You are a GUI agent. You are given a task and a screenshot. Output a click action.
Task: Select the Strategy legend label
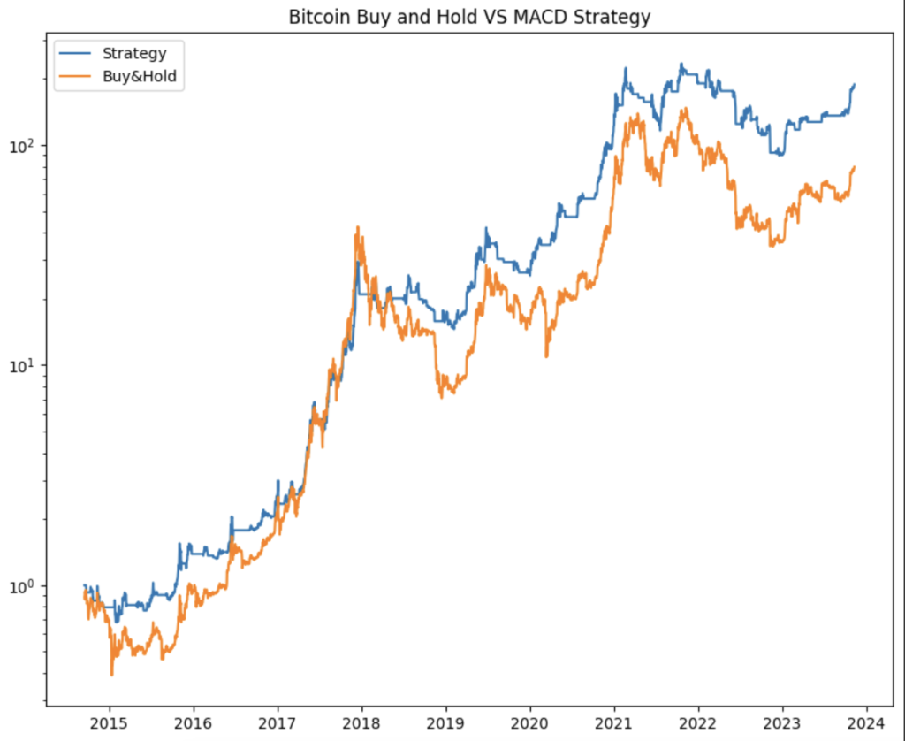tap(133, 54)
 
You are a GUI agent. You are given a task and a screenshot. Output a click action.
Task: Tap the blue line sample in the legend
tap(78, 54)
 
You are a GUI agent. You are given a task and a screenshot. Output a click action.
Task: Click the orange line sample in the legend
tap(78, 77)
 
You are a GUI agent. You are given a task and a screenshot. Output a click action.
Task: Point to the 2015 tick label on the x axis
tap(110, 723)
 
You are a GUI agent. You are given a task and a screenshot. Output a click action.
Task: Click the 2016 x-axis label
tap(194, 723)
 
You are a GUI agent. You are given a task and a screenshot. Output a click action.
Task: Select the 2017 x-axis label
tap(278, 723)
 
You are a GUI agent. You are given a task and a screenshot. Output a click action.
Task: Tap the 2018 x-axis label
tap(361, 723)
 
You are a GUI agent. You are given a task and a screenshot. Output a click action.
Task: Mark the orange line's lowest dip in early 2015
tap(111, 675)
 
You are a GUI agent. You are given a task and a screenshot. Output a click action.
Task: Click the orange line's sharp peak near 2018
tap(357, 227)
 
